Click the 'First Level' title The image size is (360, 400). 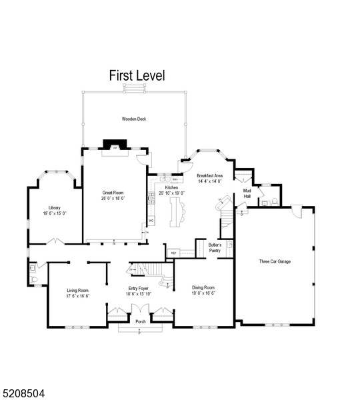pos(137,76)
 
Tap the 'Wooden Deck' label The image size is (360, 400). pos(133,119)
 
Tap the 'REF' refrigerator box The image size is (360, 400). pos(173,253)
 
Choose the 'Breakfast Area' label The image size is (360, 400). pos(209,175)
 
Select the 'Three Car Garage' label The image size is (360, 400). pos(275,261)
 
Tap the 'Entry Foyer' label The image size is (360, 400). pos(139,289)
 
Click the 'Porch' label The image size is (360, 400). pos(140,322)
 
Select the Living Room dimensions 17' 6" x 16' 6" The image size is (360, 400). pos(78,295)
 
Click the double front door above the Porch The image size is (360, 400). pos(140,311)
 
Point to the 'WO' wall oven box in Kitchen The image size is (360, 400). pos(151,220)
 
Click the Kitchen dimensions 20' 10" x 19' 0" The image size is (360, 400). pos(171,193)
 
